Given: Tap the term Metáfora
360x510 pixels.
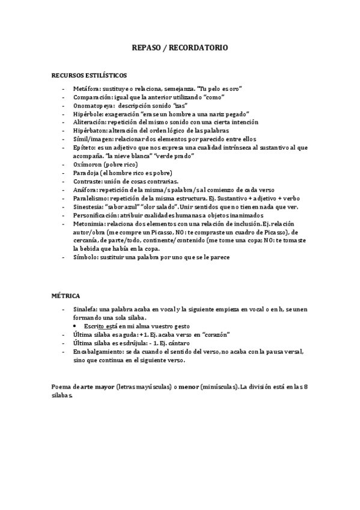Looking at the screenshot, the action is click(x=87, y=88).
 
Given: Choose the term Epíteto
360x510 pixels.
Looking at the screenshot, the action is click(x=85, y=147).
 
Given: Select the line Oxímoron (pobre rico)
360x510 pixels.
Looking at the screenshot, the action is click(x=105, y=164).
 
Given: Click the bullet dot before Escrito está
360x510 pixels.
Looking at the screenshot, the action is click(x=78, y=326).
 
